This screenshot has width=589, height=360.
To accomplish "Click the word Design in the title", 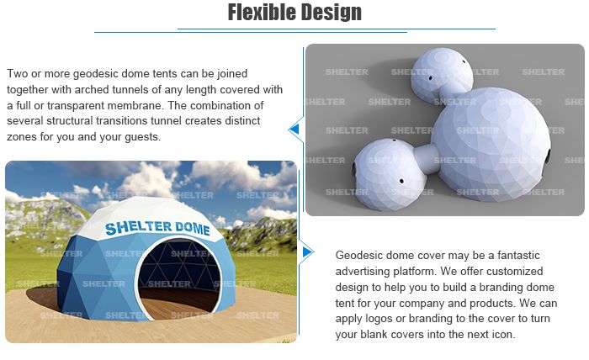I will (330, 13).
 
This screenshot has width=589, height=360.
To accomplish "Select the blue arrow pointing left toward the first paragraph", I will (294, 129).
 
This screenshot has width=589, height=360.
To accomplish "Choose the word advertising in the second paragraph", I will (365, 270).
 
